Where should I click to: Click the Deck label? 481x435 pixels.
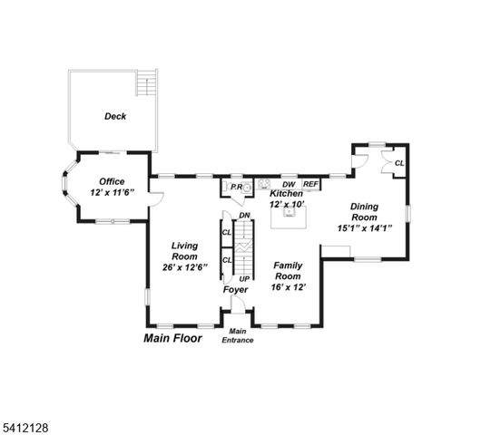(115, 116)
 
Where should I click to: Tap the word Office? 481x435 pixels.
(113, 181)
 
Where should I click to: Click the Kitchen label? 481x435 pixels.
(287, 194)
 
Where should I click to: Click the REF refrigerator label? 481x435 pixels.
(310, 184)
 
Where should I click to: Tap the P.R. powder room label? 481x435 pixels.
(235, 187)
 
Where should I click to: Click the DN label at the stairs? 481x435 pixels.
(244, 215)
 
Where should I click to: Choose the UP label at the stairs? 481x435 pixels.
(244, 277)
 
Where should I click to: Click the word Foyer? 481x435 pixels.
(236, 290)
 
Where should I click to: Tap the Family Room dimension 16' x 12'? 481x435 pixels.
(288, 287)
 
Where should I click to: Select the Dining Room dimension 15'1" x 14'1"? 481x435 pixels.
(365, 228)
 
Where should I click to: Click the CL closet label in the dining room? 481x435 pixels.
(398, 163)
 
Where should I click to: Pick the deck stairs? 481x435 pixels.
(144, 85)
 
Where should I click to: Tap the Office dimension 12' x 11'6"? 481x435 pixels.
(113, 193)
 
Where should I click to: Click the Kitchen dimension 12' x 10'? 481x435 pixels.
(287, 205)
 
